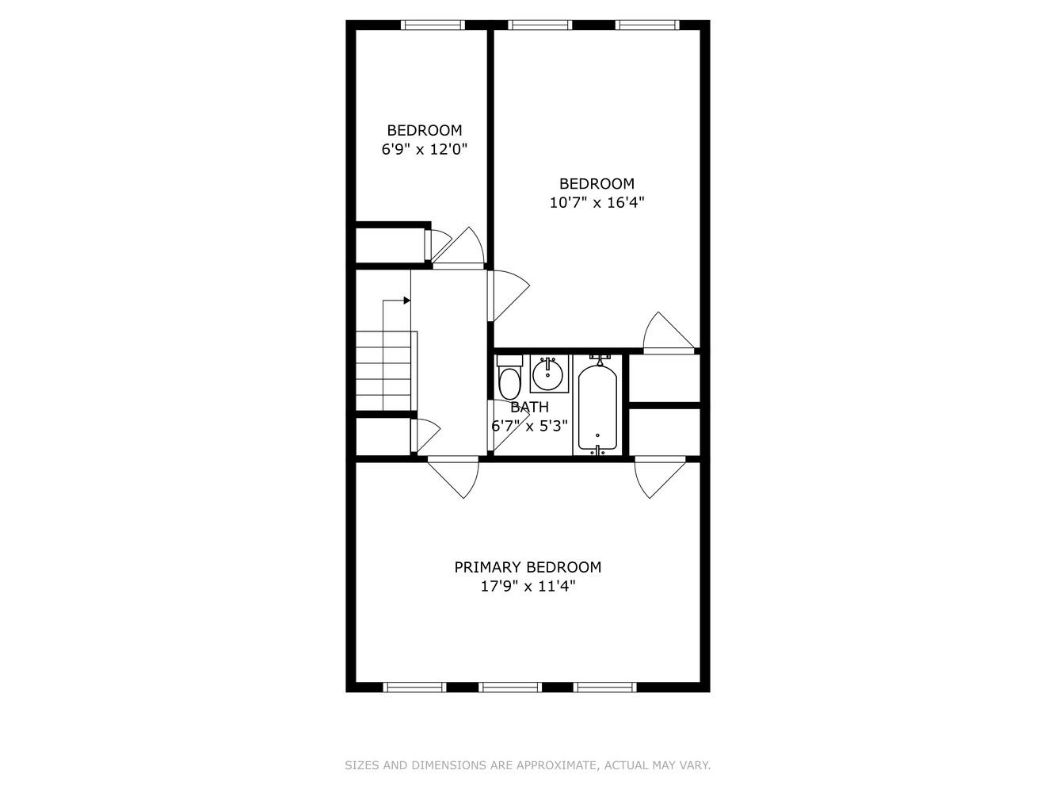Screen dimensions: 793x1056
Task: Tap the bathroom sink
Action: tap(548, 373)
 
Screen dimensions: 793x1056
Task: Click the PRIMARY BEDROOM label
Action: tap(528, 567)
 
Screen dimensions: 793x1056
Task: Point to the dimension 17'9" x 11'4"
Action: tap(528, 587)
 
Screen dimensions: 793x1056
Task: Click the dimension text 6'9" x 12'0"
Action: tap(425, 149)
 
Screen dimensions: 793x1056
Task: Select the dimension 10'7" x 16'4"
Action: tap(597, 202)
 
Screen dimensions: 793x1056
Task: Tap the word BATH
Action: tap(530, 407)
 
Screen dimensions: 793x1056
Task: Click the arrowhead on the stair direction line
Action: tap(406, 301)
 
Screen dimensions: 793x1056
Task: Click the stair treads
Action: tap(386, 371)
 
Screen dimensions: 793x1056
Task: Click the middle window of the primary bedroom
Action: tap(510, 687)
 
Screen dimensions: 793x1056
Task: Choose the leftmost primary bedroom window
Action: tap(414, 687)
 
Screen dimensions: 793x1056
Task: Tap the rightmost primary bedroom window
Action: tap(605, 687)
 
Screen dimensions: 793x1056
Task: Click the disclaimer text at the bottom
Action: tap(528, 765)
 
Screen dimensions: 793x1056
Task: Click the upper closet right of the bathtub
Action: tap(664, 378)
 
